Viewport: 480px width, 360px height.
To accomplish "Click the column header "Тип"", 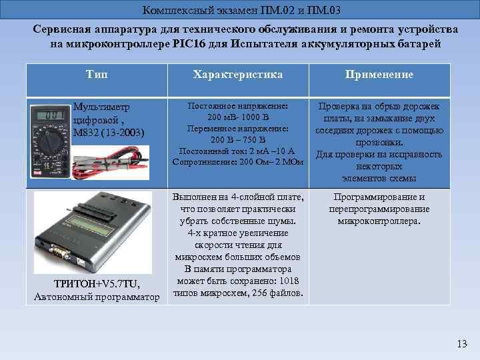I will [97, 74].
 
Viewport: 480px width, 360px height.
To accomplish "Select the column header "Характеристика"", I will [237, 75].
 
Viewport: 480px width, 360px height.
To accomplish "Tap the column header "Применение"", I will [379, 75].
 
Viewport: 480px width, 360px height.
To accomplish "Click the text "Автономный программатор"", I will [97, 297].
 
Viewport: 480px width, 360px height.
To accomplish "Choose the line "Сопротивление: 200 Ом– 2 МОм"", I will [237, 161].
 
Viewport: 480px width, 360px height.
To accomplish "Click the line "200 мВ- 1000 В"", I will [237, 116].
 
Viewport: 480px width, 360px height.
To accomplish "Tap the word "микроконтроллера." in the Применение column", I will [379, 221].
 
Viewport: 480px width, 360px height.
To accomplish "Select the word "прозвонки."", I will [379, 143].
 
